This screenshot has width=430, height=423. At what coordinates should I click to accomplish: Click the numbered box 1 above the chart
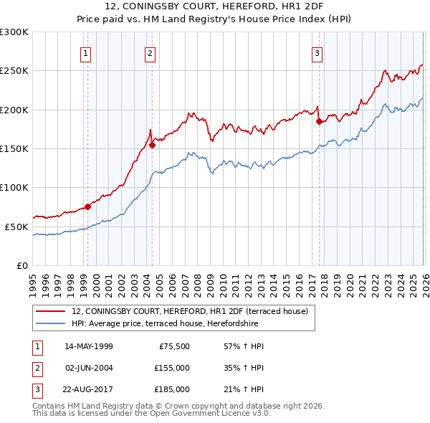(x=86, y=52)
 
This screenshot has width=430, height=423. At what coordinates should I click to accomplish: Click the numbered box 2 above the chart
(x=150, y=52)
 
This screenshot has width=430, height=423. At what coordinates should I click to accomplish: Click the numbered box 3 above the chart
(x=317, y=52)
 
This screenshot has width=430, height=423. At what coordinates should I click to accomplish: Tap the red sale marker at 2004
(x=152, y=145)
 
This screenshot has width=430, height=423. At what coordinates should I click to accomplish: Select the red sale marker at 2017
(x=319, y=121)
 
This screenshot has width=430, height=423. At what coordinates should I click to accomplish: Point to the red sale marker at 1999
(x=87, y=206)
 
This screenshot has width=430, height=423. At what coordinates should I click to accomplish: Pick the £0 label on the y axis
(x=23, y=265)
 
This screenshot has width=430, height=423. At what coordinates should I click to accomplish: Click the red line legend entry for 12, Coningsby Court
(x=189, y=311)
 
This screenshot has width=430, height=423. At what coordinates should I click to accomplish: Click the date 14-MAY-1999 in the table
(x=88, y=346)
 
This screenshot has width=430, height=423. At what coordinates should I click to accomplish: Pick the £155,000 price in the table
(x=171, y=368)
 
